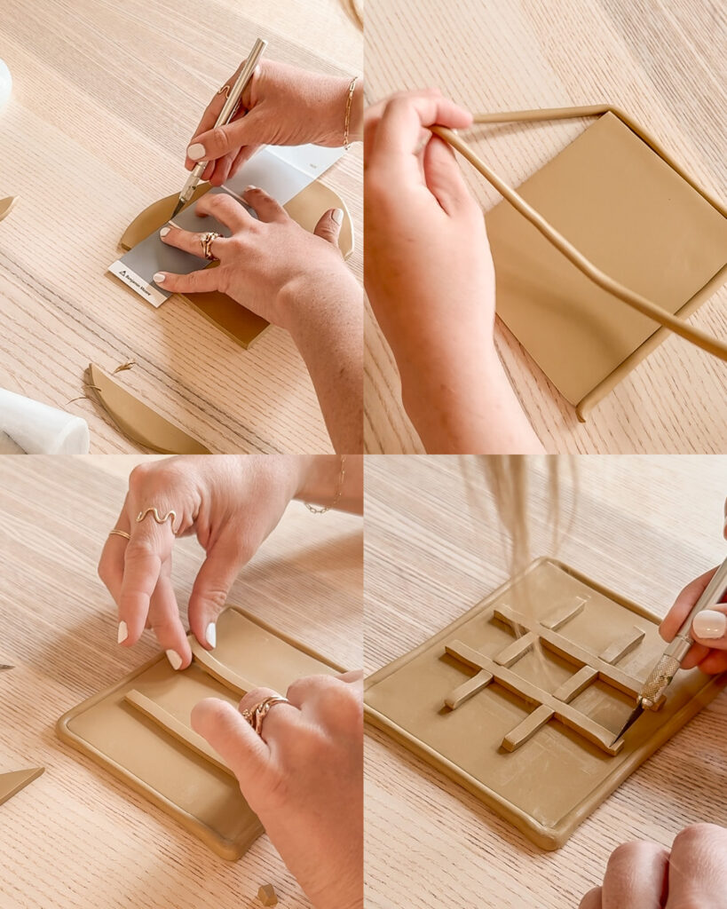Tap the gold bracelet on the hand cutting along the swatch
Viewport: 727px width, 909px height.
tap(349, 111)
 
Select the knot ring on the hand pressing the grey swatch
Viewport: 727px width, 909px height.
tap(209, 244)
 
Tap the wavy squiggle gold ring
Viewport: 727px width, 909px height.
tap(157, 516)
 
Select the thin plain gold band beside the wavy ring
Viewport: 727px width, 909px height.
tap(119, 534)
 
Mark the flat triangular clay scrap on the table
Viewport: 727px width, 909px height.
tap(18, 782)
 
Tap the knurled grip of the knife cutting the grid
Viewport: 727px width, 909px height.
tap(660, 680)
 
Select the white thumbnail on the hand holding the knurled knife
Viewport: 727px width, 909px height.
tap(709, 623)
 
